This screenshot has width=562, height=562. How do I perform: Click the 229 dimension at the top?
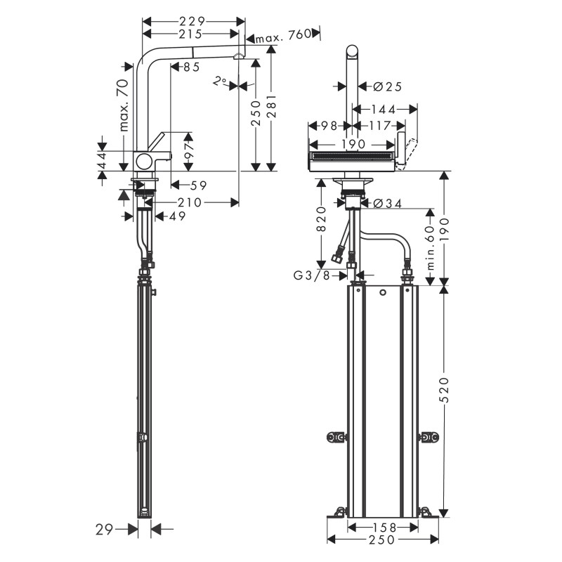[192, 22]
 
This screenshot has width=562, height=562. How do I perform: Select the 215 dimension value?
[190, 34]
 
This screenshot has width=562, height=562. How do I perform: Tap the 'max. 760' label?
[283, 34]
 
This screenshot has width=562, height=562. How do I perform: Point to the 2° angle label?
[219, 81]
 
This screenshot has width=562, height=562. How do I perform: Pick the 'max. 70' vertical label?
[124, 105]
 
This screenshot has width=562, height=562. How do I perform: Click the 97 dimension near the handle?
[189, 151]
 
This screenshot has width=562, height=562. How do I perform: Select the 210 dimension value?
[190, 202]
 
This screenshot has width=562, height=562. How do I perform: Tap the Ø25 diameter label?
[388, 86]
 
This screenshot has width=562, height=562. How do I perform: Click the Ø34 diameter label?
[388, 204]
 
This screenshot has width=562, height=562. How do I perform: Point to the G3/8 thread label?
[311, 275]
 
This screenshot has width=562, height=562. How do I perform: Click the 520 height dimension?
[445, 390]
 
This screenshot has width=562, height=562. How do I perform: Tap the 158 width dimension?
[384, 528]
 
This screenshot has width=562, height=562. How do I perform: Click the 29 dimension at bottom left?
[104, 530]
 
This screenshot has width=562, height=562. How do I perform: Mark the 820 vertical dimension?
[322, 219]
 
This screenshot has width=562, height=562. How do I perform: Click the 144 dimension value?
[383, 110]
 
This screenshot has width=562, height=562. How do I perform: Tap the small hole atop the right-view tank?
[382, 293]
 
